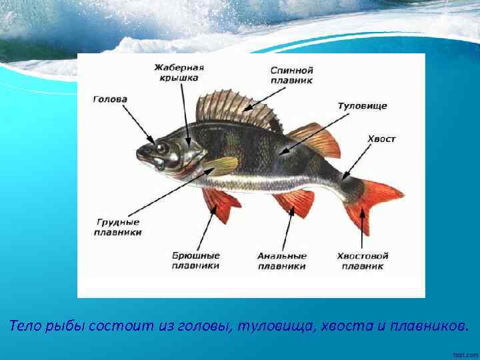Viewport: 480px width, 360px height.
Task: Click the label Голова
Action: click(x=110, y=99)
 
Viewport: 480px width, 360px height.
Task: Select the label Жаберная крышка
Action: click(x=179, y=73)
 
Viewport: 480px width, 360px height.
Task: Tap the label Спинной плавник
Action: click(x=292, y=75)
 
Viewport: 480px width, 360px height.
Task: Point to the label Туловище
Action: click(x=362, y=106)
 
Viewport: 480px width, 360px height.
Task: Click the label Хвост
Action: click(x=381, y=139)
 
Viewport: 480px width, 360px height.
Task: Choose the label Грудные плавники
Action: click(x=117, y=227)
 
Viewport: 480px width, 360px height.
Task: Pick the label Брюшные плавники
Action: click(x=196, y=261)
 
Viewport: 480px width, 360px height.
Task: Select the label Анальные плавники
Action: click(x=282, y=261)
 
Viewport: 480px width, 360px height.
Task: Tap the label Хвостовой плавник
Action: click(x=363, y=261)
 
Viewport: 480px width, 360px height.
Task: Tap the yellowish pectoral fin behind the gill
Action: click(x=221, y=165)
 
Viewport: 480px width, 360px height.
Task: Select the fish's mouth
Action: click(x=141, y=157)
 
